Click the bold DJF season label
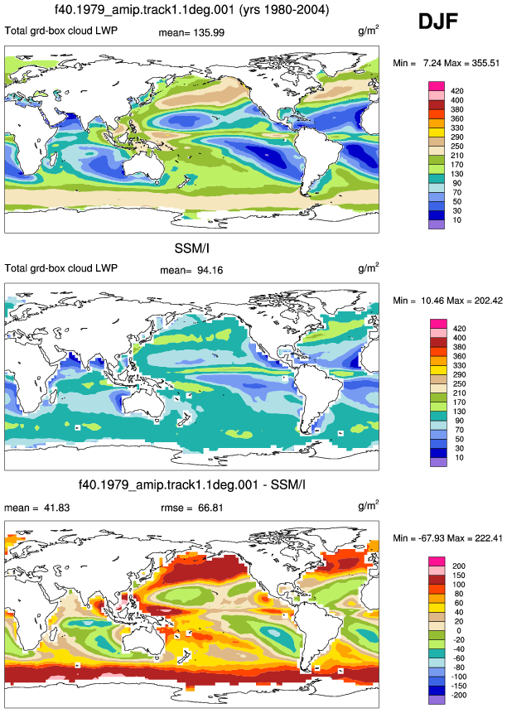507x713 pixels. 438,22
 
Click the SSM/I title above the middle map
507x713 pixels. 192,248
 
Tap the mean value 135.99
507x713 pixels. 208,33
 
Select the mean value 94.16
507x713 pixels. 210,270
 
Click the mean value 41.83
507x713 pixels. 56,508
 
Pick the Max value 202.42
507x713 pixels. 487,301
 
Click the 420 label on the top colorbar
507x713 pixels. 457,91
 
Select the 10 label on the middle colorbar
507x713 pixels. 459,457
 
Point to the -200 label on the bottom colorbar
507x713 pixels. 458,695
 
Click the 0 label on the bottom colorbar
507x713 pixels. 459,630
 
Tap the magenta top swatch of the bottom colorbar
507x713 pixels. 437,561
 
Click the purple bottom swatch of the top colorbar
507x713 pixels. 437,224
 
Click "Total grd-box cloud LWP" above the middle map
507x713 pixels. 61,268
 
